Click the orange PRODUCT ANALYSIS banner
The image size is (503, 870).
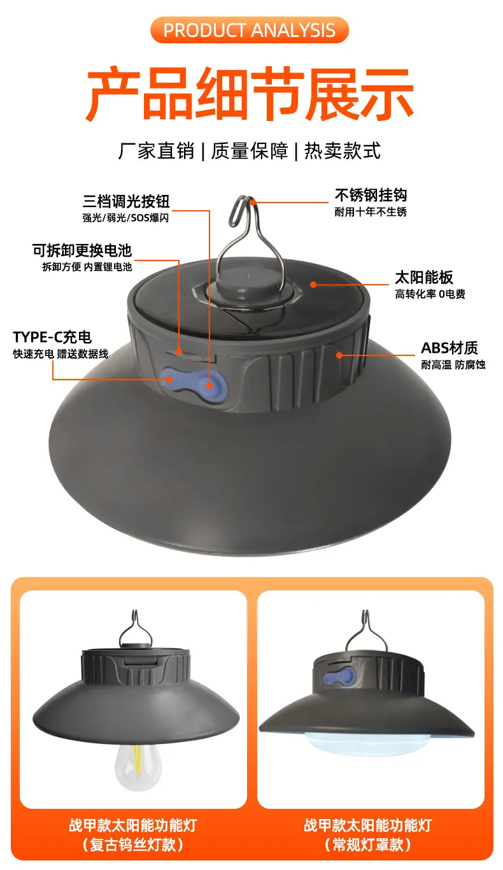click(x=250, y=30)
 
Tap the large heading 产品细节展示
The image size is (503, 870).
click(x=250, y=93)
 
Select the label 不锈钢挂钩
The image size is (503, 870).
click(x=371, y=195)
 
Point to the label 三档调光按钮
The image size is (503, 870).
click(x=126, y=201)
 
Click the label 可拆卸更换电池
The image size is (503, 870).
click(x=82, y=250)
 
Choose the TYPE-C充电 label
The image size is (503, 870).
click(x=52, y=337)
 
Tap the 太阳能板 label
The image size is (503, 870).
click(x=424, y=277)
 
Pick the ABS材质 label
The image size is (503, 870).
click(x=450, y=348)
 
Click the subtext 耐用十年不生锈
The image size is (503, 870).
click(x=371, y=212)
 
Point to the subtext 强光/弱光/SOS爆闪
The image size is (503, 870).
click(x=125, y=218)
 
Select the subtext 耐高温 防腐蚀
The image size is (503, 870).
click(x=453, y=365)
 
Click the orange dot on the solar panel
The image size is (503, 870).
click(x=313, y=285)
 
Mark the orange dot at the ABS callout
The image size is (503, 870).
click(x=339, y=355)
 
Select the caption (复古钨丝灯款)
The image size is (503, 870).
click(x=133, y=845)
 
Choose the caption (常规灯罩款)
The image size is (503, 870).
click(x=368, y=845)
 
